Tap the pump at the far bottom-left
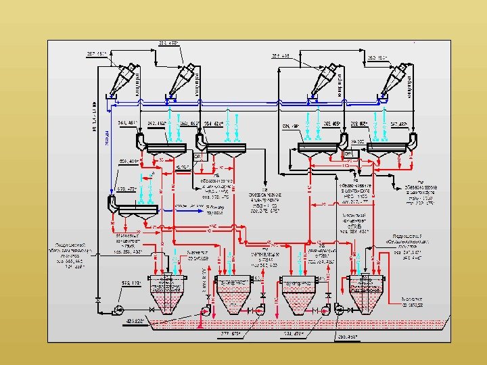click(x=117, y=310)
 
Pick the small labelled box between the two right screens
click(x=358, y=153)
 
